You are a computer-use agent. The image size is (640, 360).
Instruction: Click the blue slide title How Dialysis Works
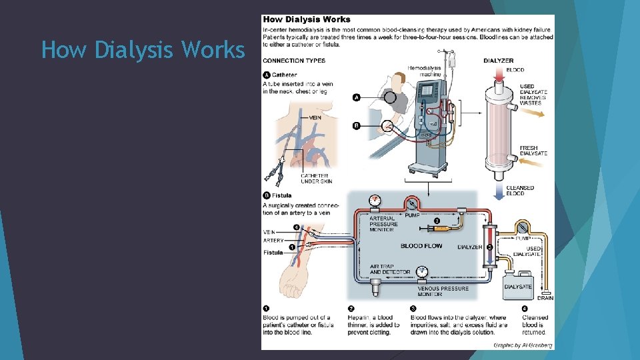(x=143, y=50)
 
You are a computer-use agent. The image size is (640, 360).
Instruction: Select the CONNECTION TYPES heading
(x=293, y=61)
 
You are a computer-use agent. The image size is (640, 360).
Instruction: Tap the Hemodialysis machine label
(x=424, y=71)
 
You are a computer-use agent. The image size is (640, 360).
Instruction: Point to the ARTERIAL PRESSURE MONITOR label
(x=383, y=225)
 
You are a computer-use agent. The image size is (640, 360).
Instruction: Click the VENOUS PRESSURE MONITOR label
(x=443, y=291)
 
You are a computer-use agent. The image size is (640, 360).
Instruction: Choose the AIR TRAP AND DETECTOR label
(x=390, y=269)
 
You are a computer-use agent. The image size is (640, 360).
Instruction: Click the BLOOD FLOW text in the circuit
(x=421, y=246)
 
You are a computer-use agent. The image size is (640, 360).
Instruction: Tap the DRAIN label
(x=545, y=298)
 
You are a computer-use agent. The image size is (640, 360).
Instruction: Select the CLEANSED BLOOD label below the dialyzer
(x=519, y=191)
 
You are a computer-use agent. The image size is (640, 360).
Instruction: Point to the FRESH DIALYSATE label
(x=533, y=151)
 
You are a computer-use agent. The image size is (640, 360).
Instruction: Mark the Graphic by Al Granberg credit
(x=523, y=345)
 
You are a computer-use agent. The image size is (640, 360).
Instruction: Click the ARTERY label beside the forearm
(x=273, y=241)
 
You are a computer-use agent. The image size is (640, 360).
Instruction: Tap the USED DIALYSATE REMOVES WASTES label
(x=533, y=95)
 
